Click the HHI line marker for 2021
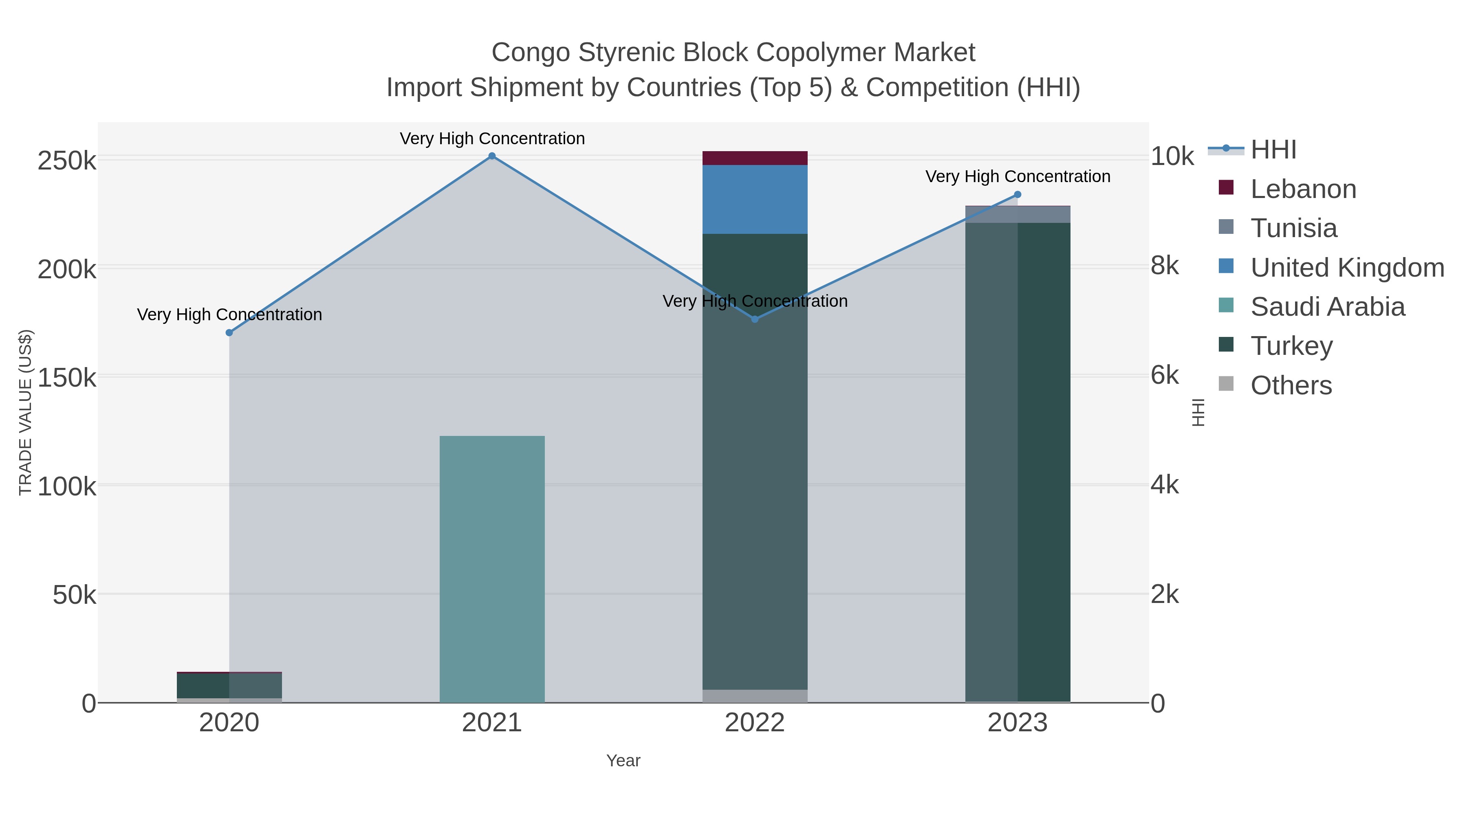[x=492, y=156]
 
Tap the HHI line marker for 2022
[x=755, y=319]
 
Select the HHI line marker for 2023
[x=1018, y=195]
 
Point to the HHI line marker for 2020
[x=229, y=332]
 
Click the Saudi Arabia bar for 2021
[x=492, y=570]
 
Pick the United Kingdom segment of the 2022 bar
[x=755, y=199]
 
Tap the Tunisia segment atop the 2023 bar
[x=1018, y=215]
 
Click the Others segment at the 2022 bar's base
[x=755, y=696]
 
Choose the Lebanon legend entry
[x=1303, y=189]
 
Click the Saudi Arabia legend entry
[x=1327, y=307]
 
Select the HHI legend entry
[x=1273, y=150]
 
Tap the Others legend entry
[x=1291, y=385]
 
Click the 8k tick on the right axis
[x=1165, y=266]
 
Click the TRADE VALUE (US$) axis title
[x=26, y=412]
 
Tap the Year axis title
[x=623, y=761]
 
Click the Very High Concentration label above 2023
[x=1018, y=176]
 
